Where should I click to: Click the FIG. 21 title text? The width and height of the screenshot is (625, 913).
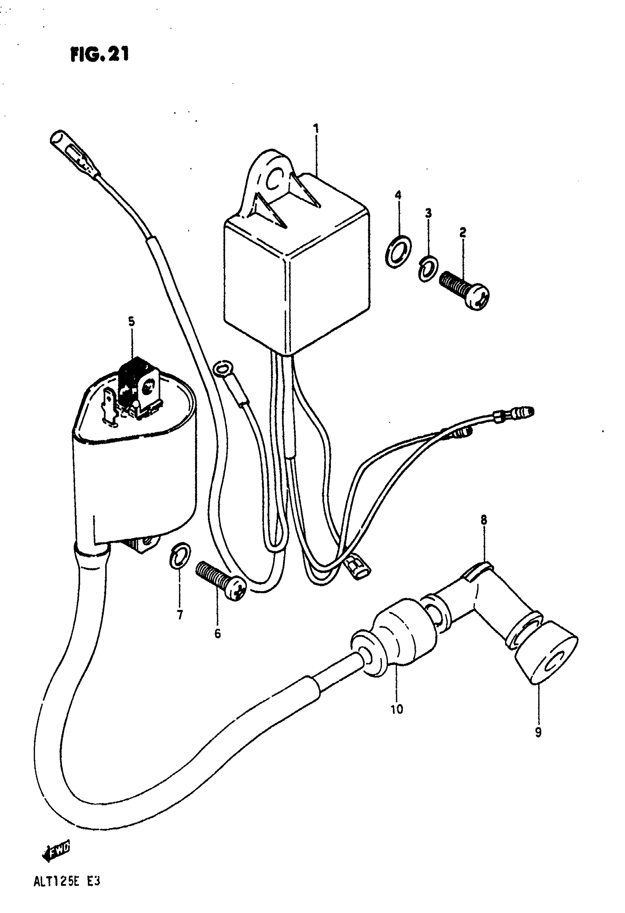point(100,55)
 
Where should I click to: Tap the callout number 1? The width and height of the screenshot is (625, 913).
point(316,129)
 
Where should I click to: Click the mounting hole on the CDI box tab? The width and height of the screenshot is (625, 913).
point(275,179)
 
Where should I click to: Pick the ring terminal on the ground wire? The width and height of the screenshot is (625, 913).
point(222,369)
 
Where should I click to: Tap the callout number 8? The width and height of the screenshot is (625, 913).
point(483,520)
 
